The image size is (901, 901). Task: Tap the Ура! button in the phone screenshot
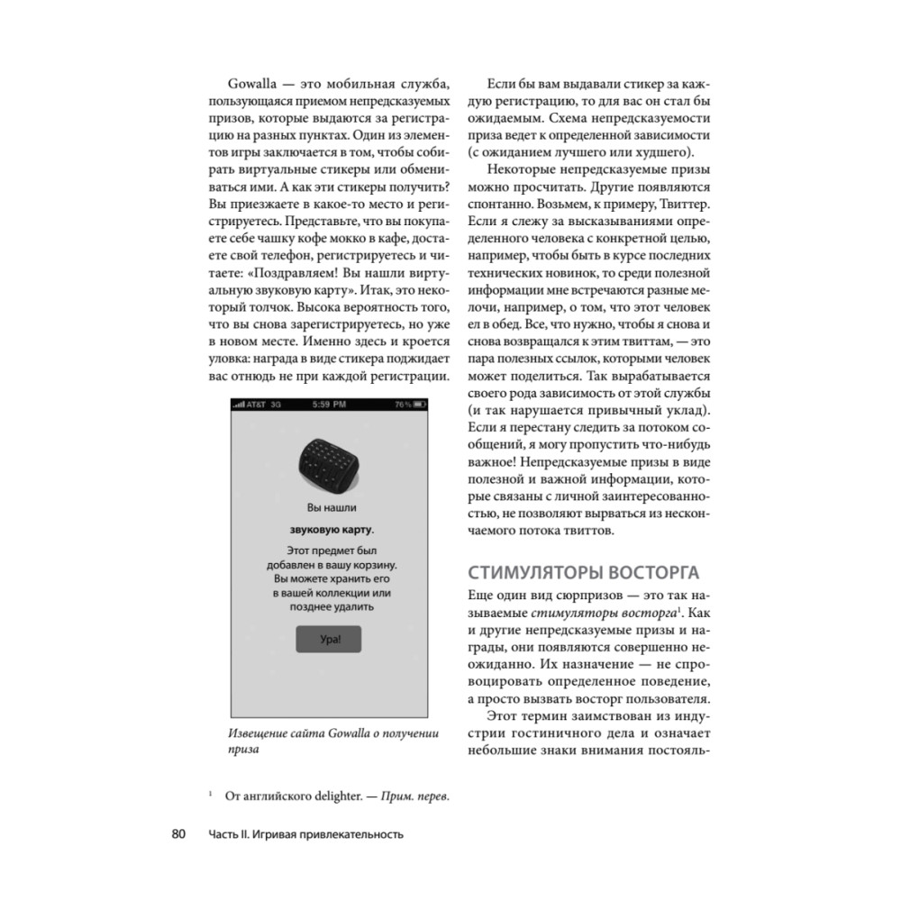coord(328,640)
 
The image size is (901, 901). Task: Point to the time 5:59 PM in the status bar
coord(328,405)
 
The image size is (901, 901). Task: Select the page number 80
coord(177,833)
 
